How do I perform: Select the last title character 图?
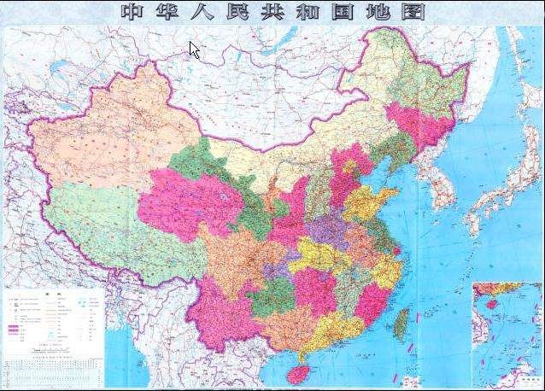[x=413, y=12]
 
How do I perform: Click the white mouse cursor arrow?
[x=194, y=50]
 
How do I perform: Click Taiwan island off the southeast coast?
[x=401, y=324]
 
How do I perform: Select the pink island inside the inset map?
[x=489, y=303]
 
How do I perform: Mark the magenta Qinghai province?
[x=184, y=201]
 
